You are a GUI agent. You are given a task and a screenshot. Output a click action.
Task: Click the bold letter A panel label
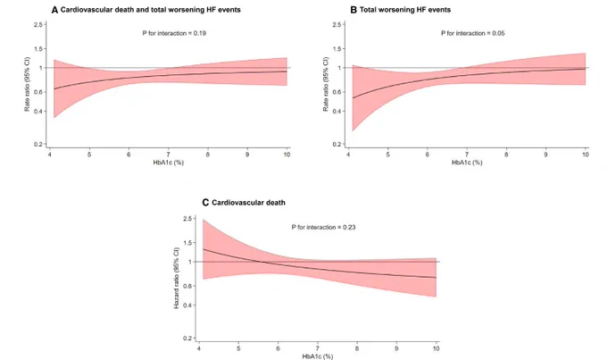click(54, 10)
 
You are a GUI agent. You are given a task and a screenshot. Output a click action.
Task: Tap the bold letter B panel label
click(353, 10)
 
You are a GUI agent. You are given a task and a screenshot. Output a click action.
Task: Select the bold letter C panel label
click(205, 203)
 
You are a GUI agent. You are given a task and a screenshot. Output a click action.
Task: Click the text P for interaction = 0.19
click(174, 33)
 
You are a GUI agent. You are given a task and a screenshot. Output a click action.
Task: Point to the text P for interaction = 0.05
click(473, 33)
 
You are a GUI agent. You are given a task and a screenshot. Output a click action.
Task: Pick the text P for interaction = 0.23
click(324, 228)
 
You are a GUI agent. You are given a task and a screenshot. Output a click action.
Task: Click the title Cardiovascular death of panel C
click(248, 203)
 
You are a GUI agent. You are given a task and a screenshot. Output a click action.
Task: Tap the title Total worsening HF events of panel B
click(405, 10)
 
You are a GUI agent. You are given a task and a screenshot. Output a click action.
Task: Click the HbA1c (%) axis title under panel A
click(169, 163)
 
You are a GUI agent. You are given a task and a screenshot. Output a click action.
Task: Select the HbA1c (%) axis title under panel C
click(318, 356)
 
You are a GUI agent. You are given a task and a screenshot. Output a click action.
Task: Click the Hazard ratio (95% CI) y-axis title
click(177, 278)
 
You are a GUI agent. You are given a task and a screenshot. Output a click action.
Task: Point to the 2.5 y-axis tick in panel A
click(37, 25)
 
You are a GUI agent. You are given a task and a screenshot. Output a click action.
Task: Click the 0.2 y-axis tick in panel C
click(187, 339)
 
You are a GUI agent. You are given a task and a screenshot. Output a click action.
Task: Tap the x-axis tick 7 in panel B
click(467, 155)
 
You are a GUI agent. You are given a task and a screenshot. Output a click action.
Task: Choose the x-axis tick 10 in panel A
click(287, 155)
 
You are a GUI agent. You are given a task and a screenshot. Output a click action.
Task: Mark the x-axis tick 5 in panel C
click(238, 348)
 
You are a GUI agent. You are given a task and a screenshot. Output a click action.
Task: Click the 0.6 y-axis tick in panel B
click(337, 92)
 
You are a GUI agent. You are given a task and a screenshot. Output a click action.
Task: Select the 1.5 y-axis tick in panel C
click(187, 243)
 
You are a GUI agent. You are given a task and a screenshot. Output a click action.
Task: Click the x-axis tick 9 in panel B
click(545, 155)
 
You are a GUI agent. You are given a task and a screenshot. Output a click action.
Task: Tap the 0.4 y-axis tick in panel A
click(37, 112)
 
